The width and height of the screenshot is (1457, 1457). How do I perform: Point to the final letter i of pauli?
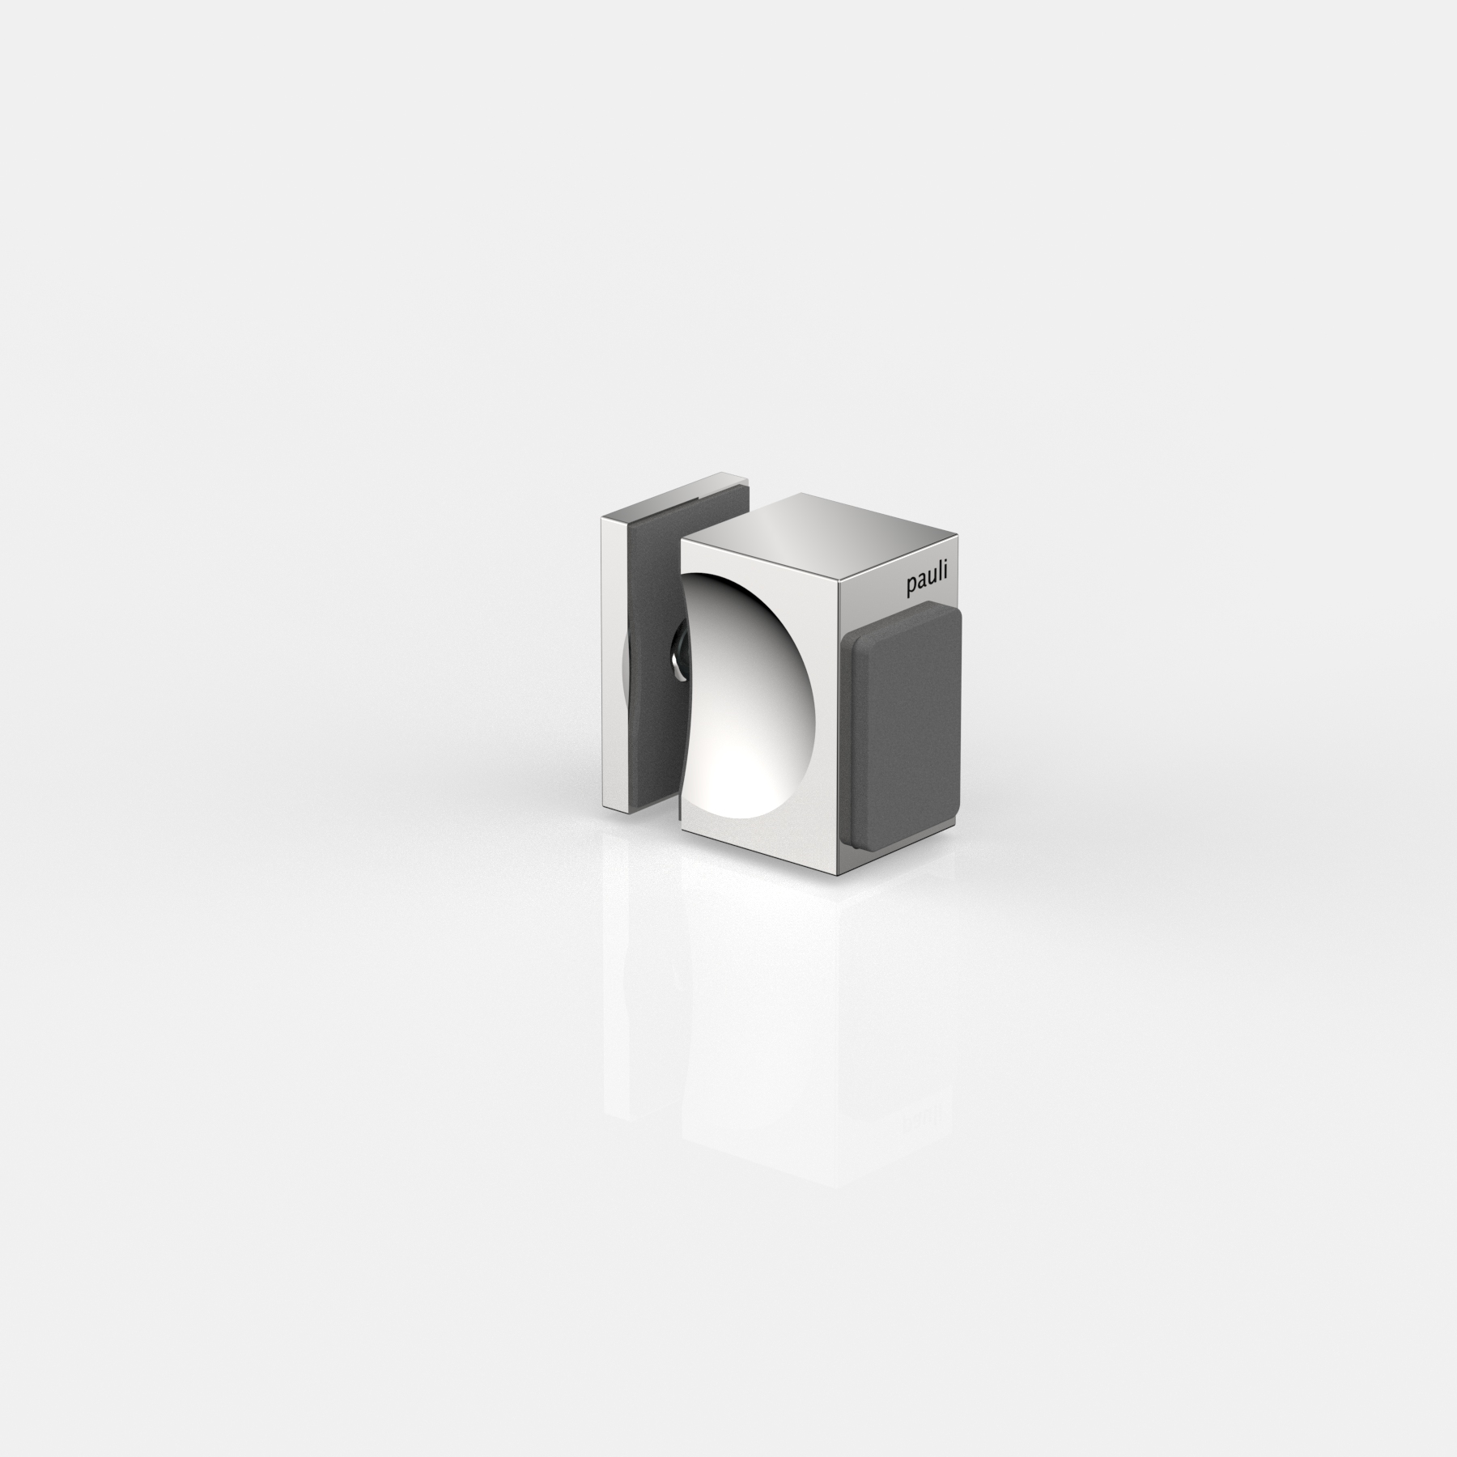951,584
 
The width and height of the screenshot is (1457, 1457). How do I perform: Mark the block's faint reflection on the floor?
761,1012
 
